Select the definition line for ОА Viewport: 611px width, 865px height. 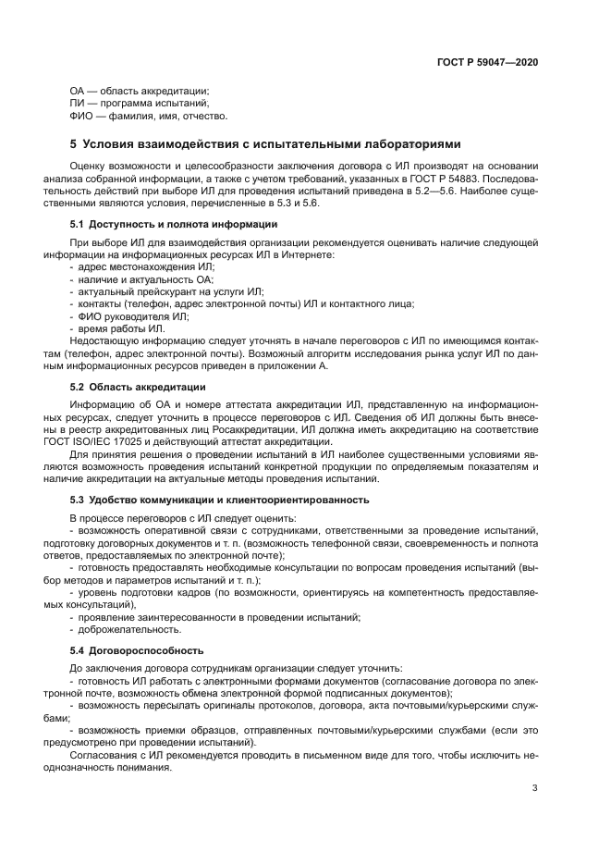click(140, 91)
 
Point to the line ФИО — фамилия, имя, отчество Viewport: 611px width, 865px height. click(148, 117)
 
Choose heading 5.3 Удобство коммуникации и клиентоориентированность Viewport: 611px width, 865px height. click(220, 500)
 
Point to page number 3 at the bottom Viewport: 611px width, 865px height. click(535, 788)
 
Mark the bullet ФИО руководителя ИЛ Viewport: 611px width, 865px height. click(128, 316)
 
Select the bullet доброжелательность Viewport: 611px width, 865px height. click(124, 629)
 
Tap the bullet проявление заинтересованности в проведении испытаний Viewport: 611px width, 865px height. click(220, 616)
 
